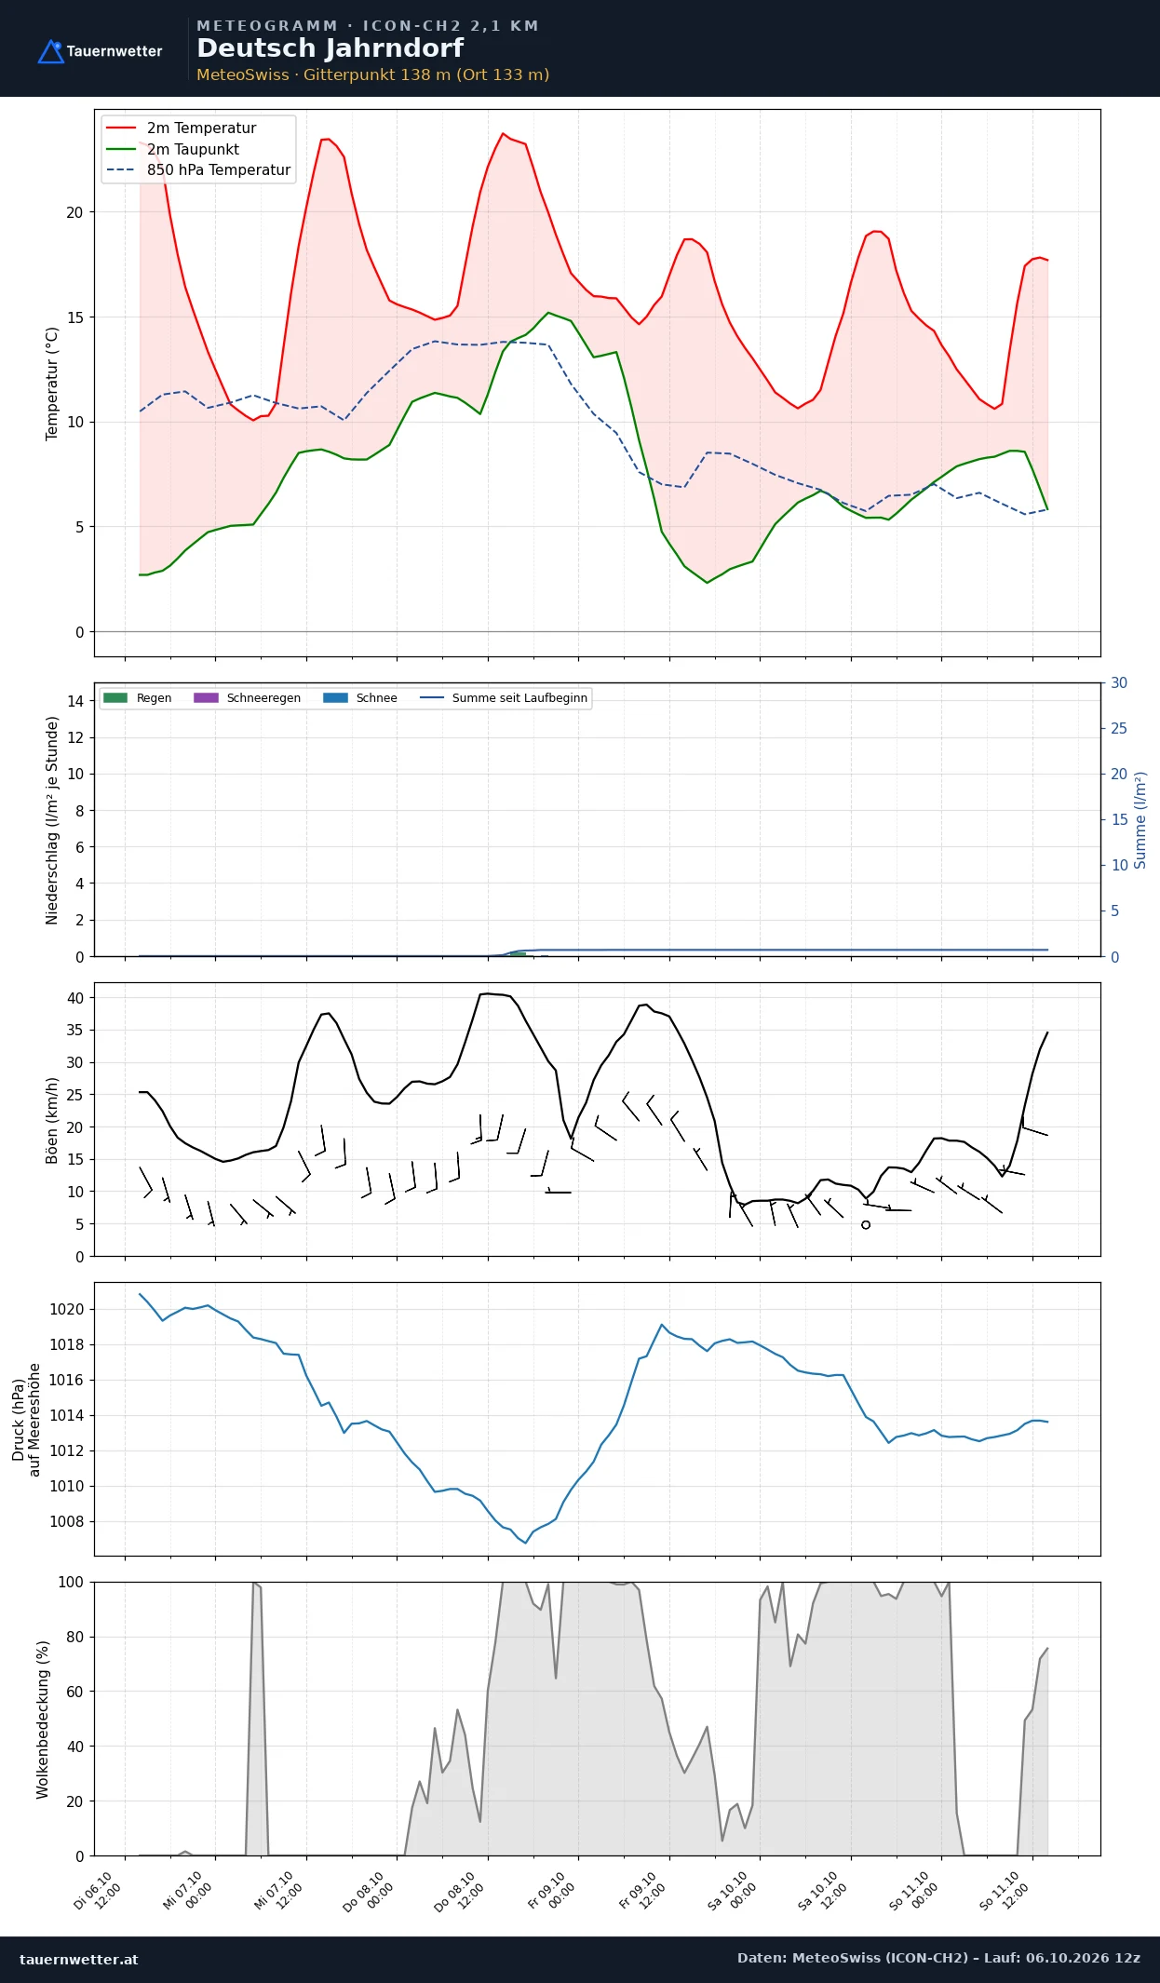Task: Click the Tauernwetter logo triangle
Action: click(50, 52)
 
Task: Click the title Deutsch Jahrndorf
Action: click(330, 48)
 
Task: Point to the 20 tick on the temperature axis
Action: click(74, 212)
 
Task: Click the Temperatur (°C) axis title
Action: click(52, 384)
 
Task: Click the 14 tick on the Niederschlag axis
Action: click(75, 701)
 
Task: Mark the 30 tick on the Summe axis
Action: click(1119, 683)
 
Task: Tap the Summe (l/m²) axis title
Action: click(1140, 820)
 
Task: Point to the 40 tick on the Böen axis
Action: click(75, 998)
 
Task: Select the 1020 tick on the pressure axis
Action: click(66, 1309)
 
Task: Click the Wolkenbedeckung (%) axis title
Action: click(43, 1720)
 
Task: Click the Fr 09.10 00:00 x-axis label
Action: click(552, 1890)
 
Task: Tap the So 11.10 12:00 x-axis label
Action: click(1005, 1890)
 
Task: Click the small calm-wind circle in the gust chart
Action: click(866, 1225)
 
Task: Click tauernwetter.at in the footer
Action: click(79, 1959)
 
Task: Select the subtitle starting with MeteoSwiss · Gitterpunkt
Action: click(372, 74)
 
